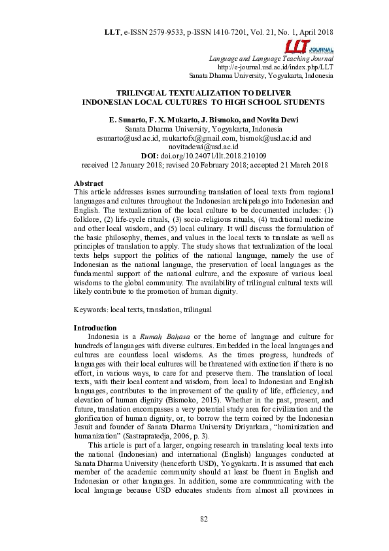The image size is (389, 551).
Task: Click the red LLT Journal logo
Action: (x=309, y=46)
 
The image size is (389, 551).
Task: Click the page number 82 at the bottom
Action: (x=203, y=519)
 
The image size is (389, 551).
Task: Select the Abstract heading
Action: (x=89, y=183)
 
